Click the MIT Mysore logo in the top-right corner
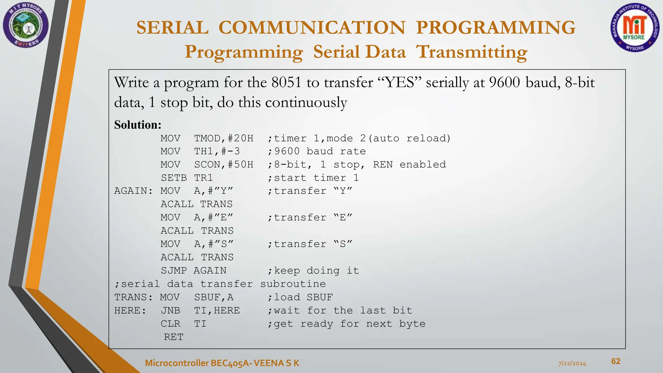(634, 28)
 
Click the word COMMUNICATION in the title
(312, 28)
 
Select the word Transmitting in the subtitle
(471, 52)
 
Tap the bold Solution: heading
(138, 125)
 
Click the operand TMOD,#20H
(224, 139)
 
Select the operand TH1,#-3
(217, 152)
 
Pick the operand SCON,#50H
(224, 165)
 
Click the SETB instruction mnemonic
(174, 178)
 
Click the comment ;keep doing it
(313, 271)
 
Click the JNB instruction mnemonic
(171, 311)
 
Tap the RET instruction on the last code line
(174, 337)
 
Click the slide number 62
(616, 361)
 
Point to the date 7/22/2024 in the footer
(572, 364)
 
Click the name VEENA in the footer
(269, 363)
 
